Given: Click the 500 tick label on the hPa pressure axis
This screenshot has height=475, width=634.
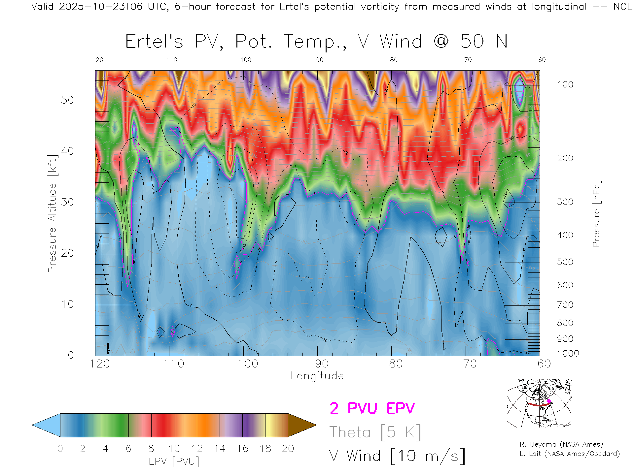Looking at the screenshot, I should [x=565, y=262].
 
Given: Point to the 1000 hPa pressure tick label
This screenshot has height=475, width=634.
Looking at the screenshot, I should [x=568, y=354].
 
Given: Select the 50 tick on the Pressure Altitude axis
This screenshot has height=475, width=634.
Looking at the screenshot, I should [x=67, y=100].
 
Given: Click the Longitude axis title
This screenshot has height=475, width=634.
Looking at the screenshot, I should [x=317, y=376].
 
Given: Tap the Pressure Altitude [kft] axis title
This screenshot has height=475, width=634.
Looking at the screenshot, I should [x=52, y=213].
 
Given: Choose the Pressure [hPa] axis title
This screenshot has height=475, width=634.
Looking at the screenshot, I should [x=596, y=213].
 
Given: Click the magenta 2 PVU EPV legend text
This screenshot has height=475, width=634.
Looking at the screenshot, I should [x=372, y=408].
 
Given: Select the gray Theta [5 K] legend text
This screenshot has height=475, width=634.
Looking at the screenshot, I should [x=375, y=432].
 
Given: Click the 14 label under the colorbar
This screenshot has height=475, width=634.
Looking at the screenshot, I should [x=220, y=449].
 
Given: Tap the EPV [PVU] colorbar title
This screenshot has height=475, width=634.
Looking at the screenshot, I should [x=174, y=461].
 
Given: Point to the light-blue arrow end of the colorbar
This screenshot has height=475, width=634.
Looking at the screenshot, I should [x=46, y=425].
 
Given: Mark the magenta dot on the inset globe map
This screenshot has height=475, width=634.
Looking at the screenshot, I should [x=549, y=401].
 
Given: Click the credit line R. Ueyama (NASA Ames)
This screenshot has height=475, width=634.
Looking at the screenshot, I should [x=561, y=444].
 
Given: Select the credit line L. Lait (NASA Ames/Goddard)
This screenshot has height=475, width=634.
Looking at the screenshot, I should [x=570, y=454].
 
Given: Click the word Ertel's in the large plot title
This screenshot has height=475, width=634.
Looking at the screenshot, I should [x=154, y=42].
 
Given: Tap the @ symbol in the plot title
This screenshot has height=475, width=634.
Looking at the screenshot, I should [x=441, y=42].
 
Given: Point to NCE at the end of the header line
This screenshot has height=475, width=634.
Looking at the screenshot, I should [x=622, y=7].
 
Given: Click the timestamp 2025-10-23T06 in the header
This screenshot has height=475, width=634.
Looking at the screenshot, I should [x=101, y=7].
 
